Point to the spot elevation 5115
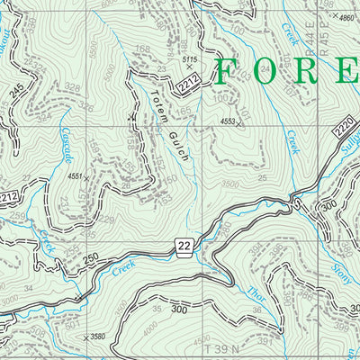click(189, 60)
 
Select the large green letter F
click(229, 72)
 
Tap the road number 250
click(88, 258)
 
